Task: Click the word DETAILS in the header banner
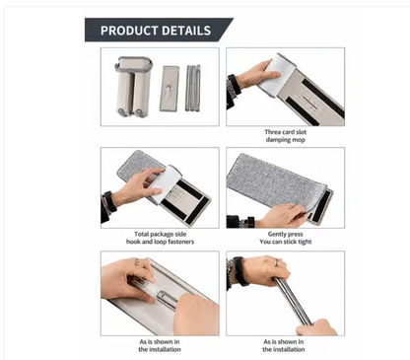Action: [x=186, y=31]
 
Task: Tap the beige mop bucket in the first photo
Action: [x=133, y=87]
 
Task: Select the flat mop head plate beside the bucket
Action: [x=170, y=89]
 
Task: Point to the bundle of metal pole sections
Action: [x=193, y=88]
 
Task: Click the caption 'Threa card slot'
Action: [x=286, y=132]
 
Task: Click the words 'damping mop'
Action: [x=286, y=140]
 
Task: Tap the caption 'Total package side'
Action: [x=160, y=234]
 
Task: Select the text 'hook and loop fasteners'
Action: [x=160, y=242]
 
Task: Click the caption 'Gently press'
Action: [x=286, y=234]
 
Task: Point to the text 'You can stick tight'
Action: [x=286, y=242]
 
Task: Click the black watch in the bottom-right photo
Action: [x=239, y=271]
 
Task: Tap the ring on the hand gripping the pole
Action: [x=277, y=262]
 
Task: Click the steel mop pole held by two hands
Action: [x=292, y=301]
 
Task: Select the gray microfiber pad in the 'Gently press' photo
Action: [x=276, y=180]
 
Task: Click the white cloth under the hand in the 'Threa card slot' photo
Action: [x=275, y=75]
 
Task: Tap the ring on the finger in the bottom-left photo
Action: [x=137, y=261]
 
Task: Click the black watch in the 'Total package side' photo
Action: [x=109, y=202]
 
